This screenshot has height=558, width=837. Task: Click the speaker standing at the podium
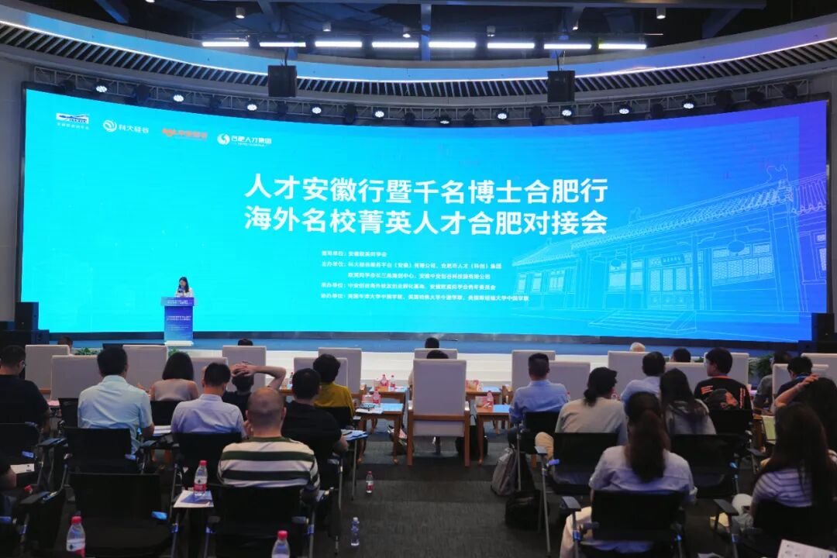point(184,287)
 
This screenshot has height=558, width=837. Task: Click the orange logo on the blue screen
point(184,134)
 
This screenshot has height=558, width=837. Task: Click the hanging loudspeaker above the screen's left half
point(282,81)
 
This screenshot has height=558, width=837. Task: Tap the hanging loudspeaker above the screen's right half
point(560,86)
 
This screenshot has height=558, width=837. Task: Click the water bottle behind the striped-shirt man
point(201,478)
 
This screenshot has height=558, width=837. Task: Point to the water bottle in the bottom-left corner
point(75,536)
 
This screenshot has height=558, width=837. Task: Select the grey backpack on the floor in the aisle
point(505,470)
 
